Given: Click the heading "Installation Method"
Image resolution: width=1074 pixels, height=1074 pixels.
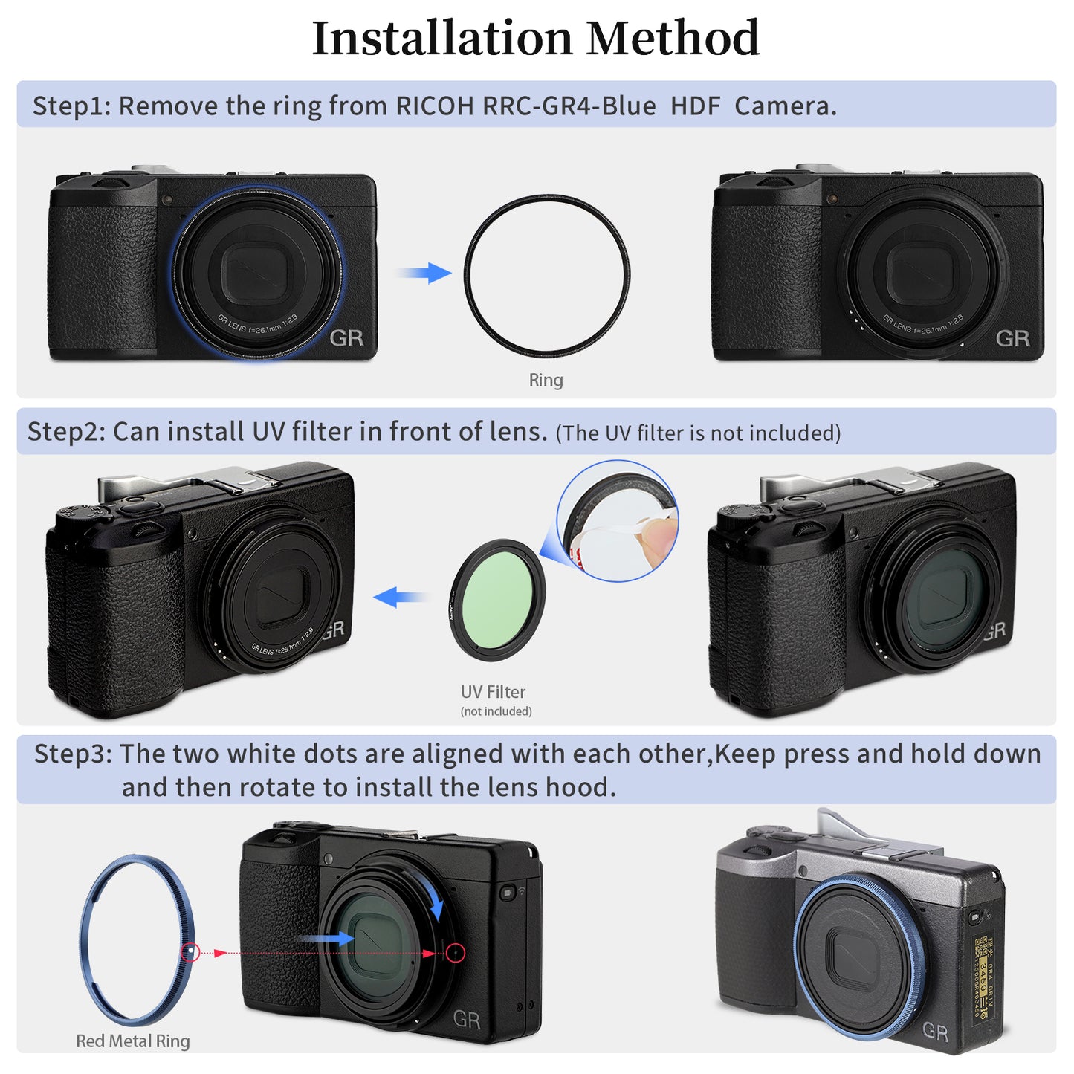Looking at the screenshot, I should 535,39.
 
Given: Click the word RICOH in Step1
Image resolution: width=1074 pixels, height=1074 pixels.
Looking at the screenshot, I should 434,106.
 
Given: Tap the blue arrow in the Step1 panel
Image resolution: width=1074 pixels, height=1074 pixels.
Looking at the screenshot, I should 424,273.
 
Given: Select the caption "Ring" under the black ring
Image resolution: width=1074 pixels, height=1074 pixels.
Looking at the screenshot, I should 546,380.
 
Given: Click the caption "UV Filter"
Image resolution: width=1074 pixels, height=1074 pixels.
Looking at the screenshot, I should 493,692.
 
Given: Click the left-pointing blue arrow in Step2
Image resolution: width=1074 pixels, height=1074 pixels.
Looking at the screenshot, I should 400,597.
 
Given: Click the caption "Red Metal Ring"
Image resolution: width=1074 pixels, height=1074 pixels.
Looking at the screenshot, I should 133,1041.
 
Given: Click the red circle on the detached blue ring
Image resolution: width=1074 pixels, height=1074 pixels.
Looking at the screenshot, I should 190,952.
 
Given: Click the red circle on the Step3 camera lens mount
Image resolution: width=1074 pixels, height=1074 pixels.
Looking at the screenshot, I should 456,953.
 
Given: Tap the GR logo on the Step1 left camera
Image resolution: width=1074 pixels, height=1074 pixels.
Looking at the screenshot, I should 346,338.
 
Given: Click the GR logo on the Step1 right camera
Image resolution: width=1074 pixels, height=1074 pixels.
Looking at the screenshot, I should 1012,338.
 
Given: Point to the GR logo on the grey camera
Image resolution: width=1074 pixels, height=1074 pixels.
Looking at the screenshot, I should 935,1032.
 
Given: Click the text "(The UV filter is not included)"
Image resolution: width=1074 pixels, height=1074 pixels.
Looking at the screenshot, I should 698,433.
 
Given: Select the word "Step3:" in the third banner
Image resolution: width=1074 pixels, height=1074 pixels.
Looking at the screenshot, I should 73,754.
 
